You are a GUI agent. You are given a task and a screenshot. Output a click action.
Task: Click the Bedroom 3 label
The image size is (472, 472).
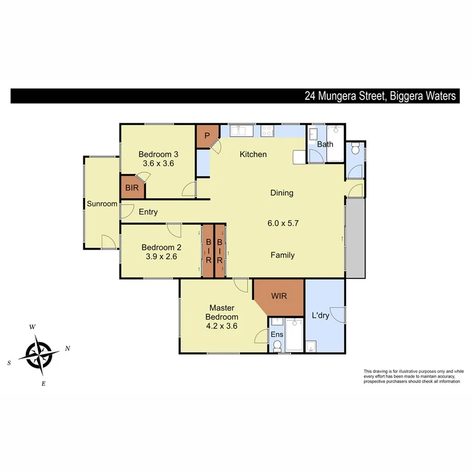158,154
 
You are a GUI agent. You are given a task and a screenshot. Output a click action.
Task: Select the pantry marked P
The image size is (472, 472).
207,136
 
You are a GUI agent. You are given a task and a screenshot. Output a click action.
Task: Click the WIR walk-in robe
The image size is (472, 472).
278,296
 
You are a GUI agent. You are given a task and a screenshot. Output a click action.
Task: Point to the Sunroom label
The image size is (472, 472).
102,204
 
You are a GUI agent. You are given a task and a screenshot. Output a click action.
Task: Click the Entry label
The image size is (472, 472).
148,212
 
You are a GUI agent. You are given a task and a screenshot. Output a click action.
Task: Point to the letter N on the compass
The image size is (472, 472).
67,348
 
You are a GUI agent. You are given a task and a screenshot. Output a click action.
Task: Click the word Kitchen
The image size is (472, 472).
253,154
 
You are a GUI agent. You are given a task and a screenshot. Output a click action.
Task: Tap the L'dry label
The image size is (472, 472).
320,316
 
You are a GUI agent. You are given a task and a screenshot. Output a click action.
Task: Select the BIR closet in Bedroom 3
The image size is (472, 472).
131,188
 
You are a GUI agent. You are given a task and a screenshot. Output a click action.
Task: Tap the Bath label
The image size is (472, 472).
325,144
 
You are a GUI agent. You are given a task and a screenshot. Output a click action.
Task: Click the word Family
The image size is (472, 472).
282,255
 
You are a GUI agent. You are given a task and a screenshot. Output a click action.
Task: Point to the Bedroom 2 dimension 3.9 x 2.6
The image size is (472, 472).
158,256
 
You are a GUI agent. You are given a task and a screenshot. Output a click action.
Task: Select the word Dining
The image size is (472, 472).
282,192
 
